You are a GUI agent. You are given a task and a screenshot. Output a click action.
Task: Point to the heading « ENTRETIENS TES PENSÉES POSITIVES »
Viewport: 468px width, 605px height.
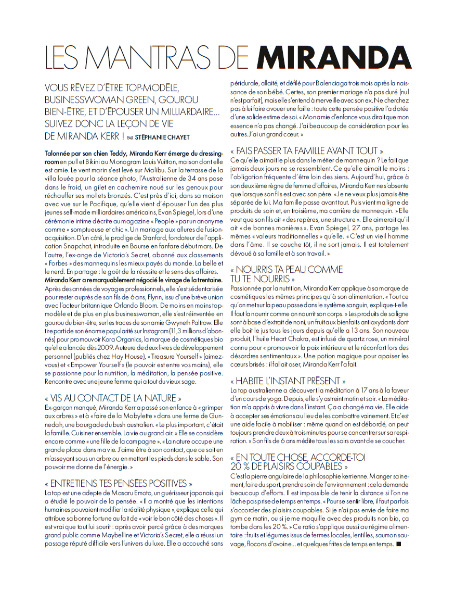pyautogui.click(x=119, y=484)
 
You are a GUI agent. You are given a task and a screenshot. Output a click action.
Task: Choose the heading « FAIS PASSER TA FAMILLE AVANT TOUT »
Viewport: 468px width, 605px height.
pyautogui.click(x=310, y=150)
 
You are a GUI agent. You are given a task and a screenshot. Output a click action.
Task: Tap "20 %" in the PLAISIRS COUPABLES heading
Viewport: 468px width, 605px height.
pyautogui.click(x=242, y=466)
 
